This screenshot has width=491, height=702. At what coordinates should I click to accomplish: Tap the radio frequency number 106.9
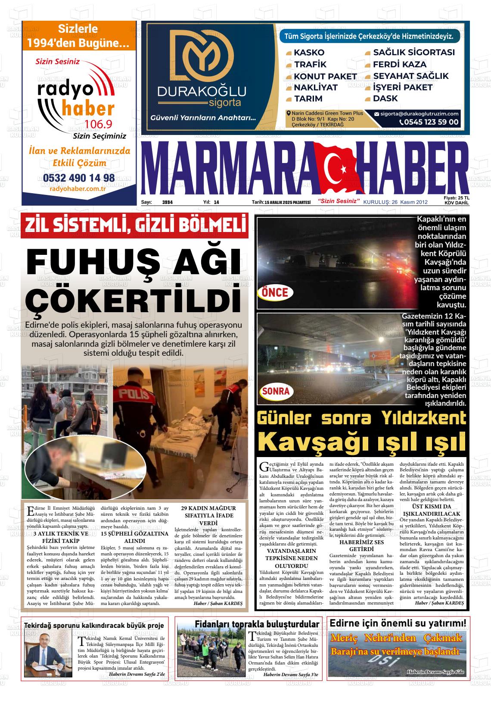(98, 125)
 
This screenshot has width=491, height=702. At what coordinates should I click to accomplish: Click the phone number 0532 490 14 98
(79, 178)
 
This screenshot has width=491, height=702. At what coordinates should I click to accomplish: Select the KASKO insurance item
(309, 53)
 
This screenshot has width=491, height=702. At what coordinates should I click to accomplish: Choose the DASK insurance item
(385, 98)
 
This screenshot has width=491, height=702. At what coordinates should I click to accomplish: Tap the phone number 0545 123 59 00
(429, 122)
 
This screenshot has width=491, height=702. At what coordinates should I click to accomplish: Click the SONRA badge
(275, 392)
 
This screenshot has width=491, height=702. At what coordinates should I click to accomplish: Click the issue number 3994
(167, 202)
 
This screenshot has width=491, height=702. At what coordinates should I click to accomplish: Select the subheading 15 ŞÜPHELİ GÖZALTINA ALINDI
(134, 537)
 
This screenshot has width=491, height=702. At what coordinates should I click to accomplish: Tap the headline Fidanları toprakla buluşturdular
(257, 624)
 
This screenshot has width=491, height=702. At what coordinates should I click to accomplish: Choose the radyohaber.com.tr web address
(78, 188)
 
